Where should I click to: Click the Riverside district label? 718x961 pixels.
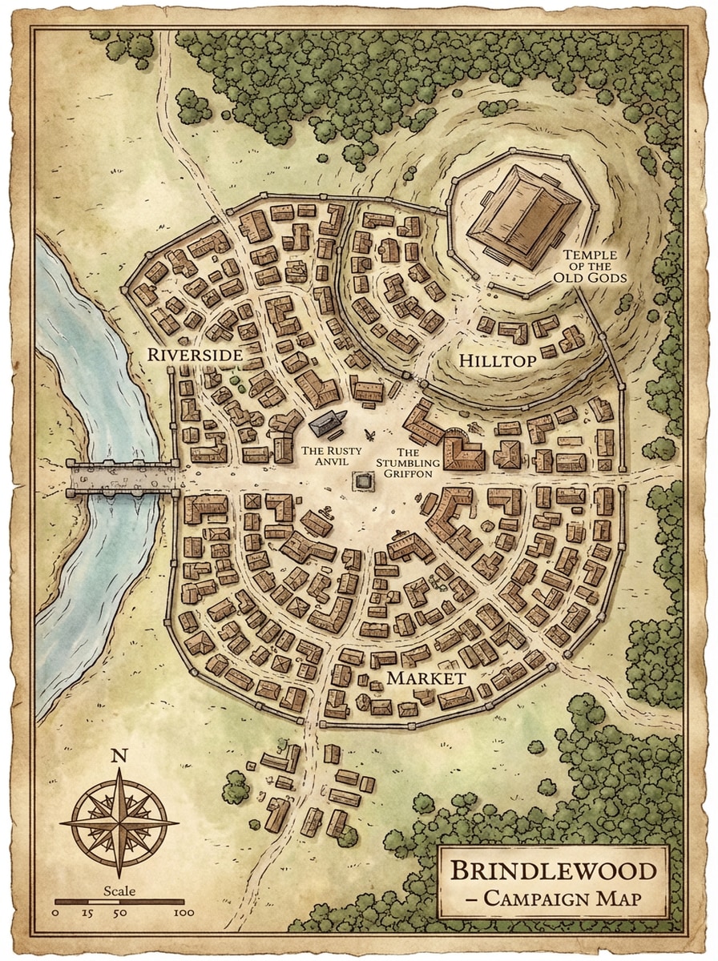click(195, 353)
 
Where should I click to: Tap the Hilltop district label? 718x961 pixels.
click(497, 361)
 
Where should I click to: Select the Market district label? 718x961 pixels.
click(426, 678)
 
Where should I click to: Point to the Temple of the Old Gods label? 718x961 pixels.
click(594, 267)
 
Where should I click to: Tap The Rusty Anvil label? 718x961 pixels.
click(326, 456)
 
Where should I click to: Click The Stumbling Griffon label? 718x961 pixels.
click(408, 463)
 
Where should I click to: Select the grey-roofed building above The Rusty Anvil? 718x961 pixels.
click(327, 424)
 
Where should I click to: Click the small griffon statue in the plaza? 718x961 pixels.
click(371, 434)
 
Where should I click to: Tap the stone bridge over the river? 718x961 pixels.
click(122, 479)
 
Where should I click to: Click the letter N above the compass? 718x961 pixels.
click(119, 754)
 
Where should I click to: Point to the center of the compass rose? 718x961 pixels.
click(119, 822)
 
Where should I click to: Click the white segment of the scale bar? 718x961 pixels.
click(103, 902)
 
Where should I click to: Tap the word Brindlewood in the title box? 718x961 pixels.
click(555, 871)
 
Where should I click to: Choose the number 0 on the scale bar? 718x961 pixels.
click(55, 912)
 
